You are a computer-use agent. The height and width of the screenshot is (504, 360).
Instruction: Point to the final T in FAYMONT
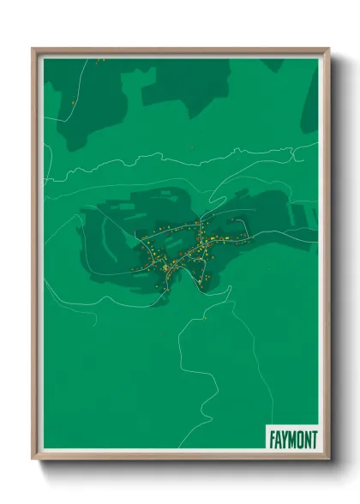point(315,438)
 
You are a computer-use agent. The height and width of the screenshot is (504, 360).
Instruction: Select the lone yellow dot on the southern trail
point(205,317)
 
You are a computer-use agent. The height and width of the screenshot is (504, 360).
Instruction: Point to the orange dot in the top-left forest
point(75,104)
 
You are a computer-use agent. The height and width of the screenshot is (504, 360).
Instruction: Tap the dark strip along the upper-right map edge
point(310,103)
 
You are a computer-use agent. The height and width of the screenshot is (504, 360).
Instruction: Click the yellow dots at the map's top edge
point(100,60)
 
